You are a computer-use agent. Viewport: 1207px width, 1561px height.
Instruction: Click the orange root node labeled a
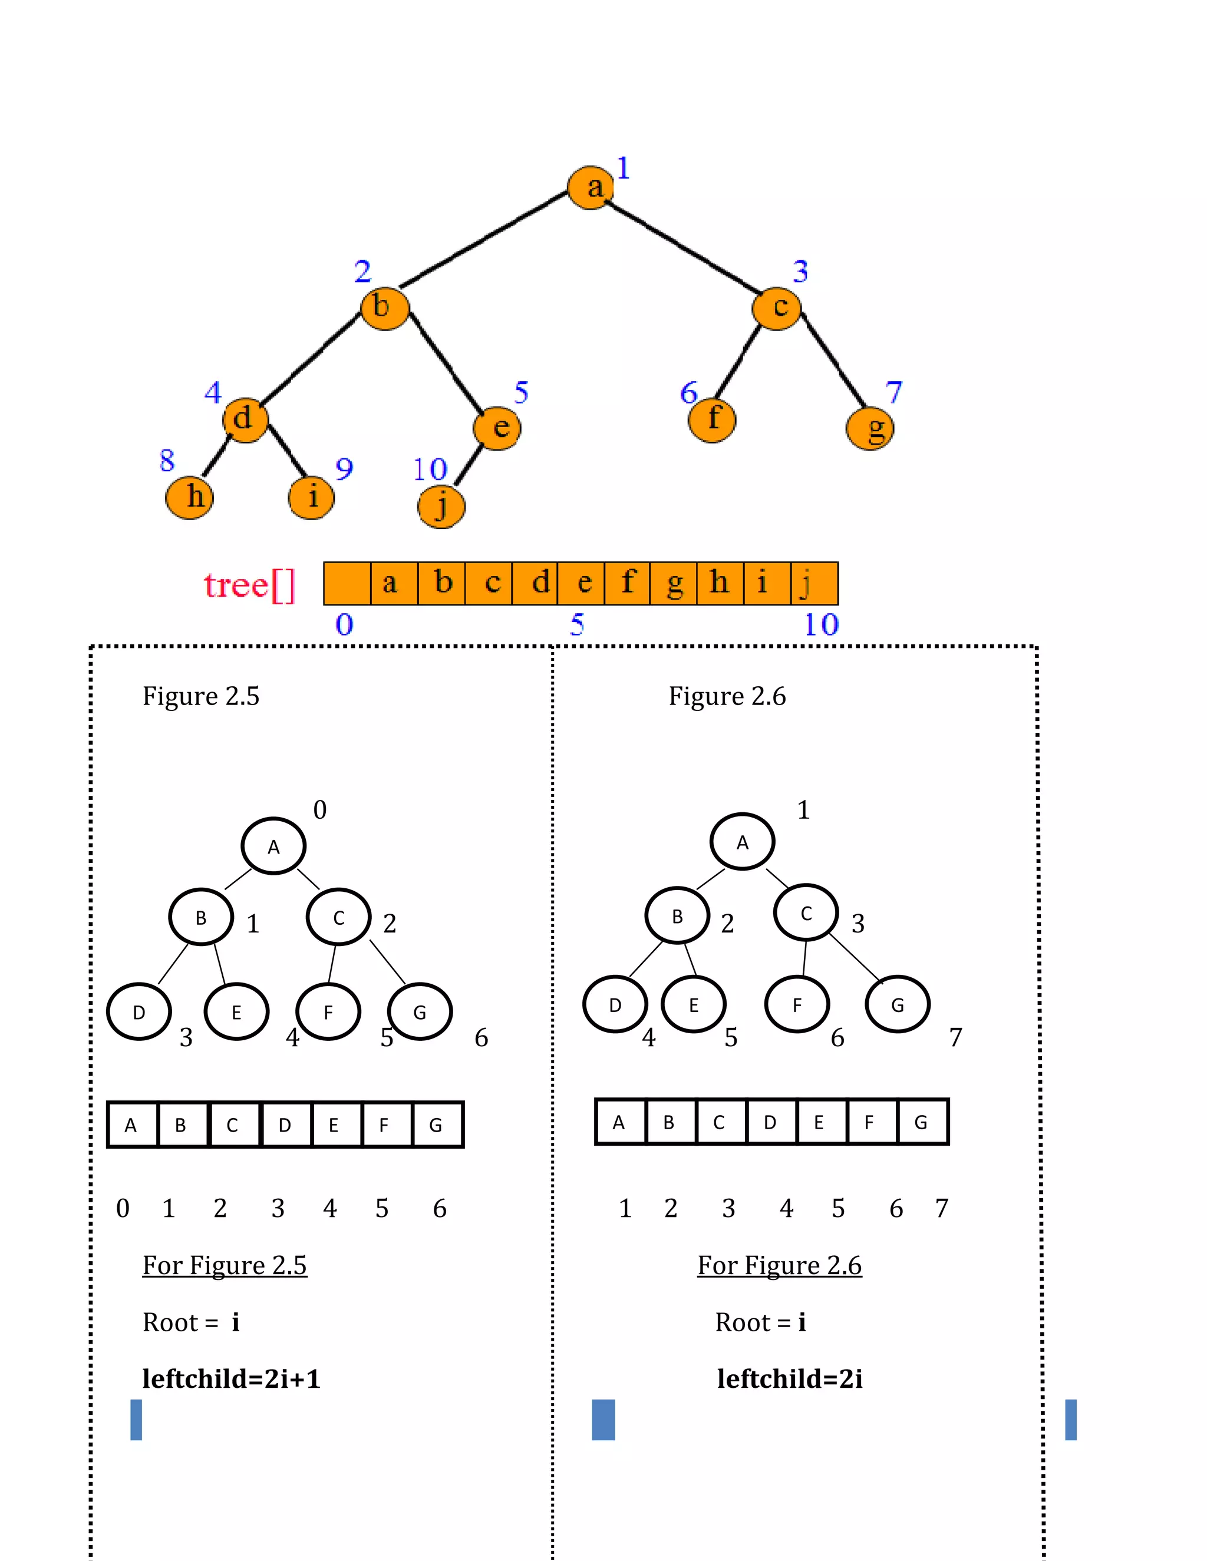coord(591,187)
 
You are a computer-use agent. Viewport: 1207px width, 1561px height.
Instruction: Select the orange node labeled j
coord(441,506)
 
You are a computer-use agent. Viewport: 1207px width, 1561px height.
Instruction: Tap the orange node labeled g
coord(869,428)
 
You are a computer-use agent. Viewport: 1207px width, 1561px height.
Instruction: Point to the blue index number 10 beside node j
coord(430,469)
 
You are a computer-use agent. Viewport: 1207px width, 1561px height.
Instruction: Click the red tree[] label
coord(249,586)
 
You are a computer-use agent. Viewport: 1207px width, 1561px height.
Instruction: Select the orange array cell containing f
coord(627,583)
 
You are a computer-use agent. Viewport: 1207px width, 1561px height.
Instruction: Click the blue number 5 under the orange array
coord(577,624)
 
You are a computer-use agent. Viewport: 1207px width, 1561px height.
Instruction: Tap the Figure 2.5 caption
coord(201,696)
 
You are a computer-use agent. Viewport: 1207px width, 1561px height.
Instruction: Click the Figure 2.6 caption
coord(727,696)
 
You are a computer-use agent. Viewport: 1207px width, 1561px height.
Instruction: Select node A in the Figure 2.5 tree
coord(273,846)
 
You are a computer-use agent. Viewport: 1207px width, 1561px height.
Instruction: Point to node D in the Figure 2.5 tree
coord(138,1012)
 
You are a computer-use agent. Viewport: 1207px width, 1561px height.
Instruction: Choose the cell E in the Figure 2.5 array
coord(334,1125)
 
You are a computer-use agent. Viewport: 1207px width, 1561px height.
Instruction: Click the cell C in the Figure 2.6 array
coord(720,1122)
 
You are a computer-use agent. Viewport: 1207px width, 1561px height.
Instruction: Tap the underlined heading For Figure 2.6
coord(779,1265)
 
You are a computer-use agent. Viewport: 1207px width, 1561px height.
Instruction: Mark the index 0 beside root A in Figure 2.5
coord(319,810)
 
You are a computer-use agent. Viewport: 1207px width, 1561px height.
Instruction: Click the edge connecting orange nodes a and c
coord(683,247)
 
